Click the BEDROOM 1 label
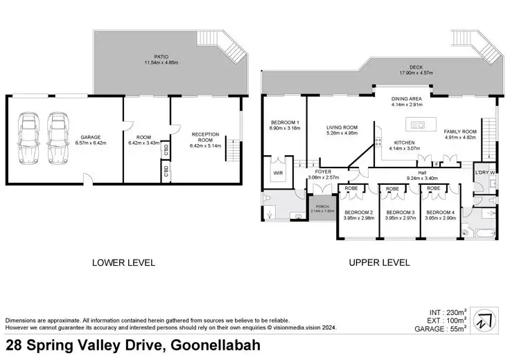coord(284,123)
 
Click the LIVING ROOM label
coord(341,127)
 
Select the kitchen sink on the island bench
coord(417,125)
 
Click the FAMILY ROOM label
coord(461,132)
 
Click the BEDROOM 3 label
coord(400,212)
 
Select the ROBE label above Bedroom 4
coord(434,188)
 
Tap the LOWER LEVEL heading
coord(123,262)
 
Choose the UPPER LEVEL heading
coord(378,262)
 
